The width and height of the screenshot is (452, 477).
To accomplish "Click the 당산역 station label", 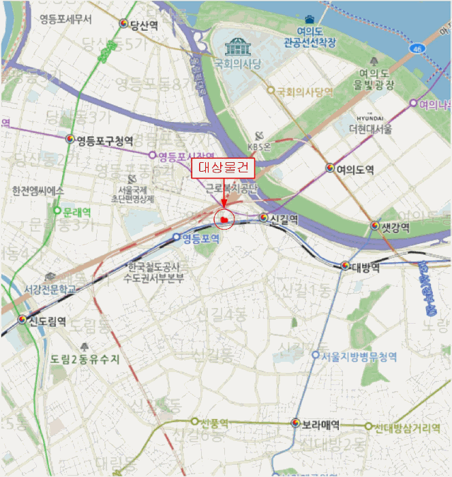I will (144, 25).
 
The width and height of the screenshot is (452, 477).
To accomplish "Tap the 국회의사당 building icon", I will (238, 46).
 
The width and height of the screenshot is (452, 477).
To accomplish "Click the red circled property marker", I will (223, 219).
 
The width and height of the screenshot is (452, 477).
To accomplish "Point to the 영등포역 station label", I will (201, 238).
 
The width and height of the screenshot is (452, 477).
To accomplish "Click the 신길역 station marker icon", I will (263, 218).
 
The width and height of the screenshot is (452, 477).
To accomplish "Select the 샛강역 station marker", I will (376, 226).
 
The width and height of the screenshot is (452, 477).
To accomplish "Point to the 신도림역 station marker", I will (22, 320).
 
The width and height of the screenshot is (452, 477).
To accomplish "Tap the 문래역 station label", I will (76, 211).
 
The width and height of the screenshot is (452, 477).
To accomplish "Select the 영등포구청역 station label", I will (104, 140).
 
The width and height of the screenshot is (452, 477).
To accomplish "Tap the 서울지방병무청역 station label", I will (359, 356).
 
